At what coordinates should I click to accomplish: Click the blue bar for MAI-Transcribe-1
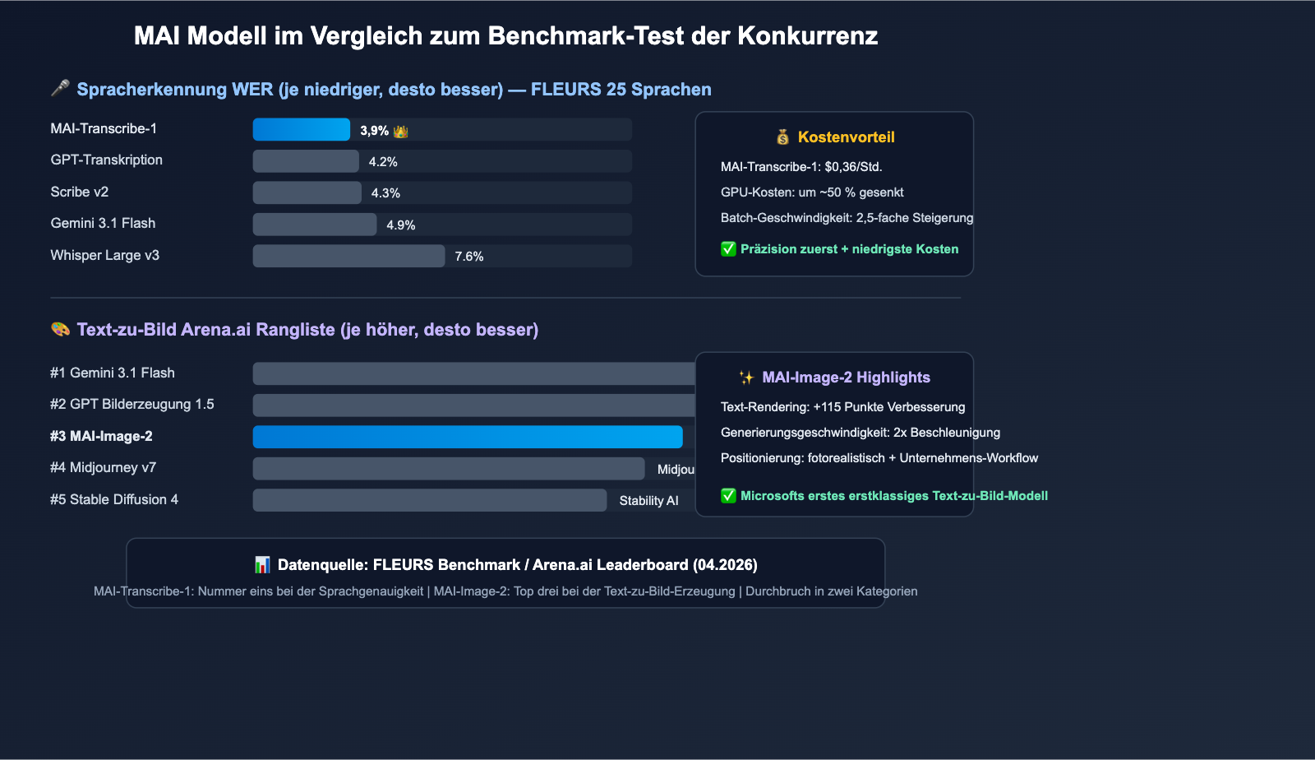[x=301, y=130]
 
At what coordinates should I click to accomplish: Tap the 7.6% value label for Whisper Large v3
[x=469, y=257]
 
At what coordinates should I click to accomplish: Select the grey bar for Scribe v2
[x=307, y=193]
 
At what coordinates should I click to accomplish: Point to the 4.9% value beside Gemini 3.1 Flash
[x=401, y=225]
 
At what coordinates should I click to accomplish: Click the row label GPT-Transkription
[x=107, y=160]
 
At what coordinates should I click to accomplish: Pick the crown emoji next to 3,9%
[x=401, y=132]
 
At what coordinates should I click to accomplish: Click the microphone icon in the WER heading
[x=60, y=89]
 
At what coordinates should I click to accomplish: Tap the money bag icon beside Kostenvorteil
[x=782, y=137]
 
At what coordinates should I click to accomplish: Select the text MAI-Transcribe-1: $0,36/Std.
[x=801, y=167]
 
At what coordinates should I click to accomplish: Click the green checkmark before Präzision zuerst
[x=728, y=249]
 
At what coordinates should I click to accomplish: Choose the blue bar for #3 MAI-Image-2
[x=467, y=437]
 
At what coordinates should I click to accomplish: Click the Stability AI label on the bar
[x=648, y=501]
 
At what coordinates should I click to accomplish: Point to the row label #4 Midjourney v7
[x=103, y=468]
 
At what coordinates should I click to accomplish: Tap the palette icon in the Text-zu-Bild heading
[x=60, y=329]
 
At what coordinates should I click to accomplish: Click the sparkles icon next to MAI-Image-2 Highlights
[x=746, y=378]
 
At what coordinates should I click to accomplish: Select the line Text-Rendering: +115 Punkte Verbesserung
[x=842, y=407]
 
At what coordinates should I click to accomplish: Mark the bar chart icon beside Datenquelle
[x=262, y=565]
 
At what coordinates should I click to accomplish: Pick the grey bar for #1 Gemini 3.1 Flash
[x=473, y=374]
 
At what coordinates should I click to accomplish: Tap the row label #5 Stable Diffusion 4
[x=114, y=500]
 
